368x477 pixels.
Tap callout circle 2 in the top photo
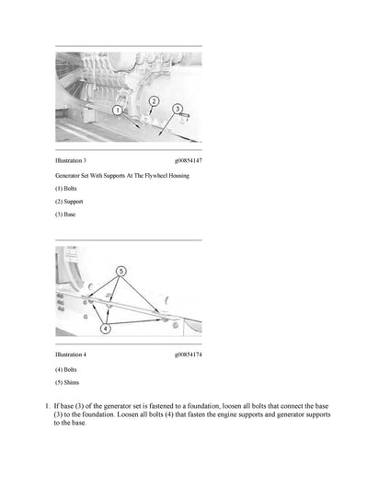pos(154,100)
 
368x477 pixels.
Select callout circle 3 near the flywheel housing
pos(178,110)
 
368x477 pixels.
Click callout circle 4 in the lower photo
pos(105,328)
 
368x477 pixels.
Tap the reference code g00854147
pos(188,160)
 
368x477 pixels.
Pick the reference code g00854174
pos(188,355)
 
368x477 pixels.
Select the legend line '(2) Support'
pos(70,201)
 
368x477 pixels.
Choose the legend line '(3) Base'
pos(65,214)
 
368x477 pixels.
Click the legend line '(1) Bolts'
pos(66,188)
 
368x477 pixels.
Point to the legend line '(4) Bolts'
pos(66,368)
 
